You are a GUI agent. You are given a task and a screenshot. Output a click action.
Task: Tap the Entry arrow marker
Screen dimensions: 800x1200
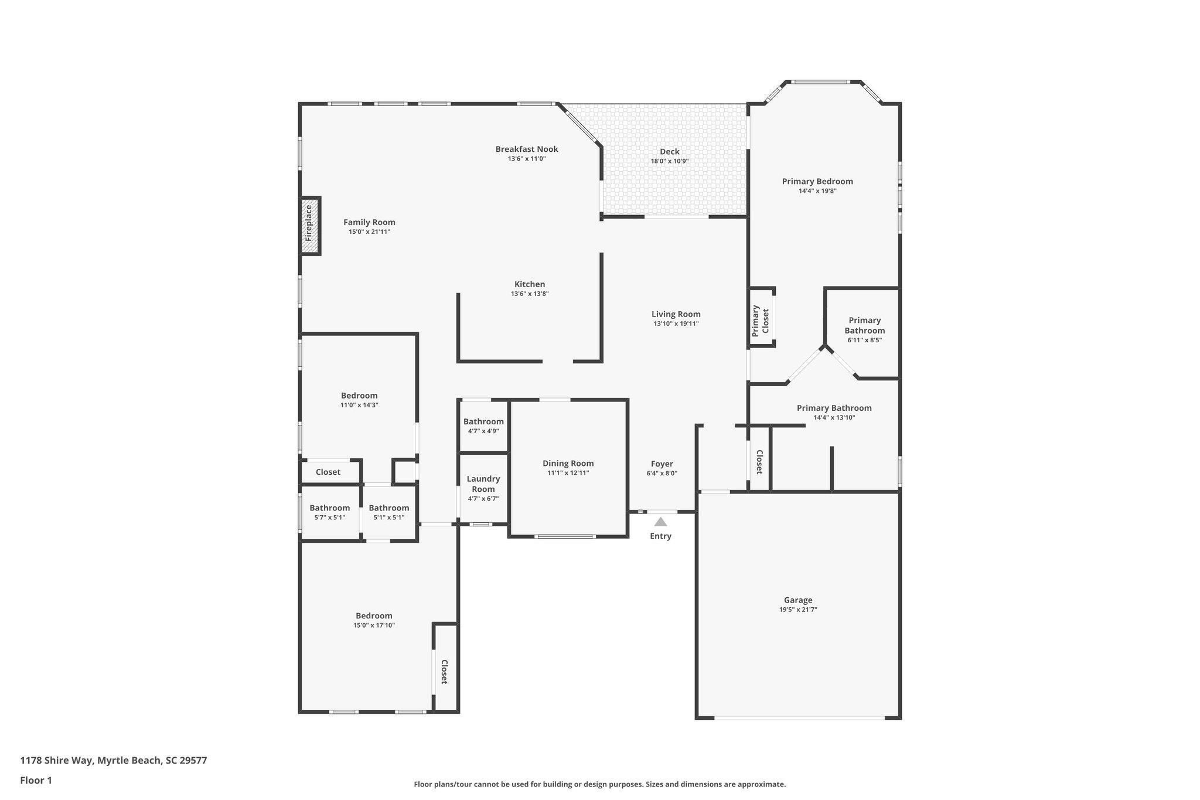(660, 522)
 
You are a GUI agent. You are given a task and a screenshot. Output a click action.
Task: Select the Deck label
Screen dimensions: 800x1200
(669, 151)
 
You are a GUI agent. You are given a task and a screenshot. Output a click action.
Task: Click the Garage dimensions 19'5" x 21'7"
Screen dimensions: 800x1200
(797, 610)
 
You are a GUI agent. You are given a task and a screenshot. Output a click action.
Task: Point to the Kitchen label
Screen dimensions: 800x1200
(530, 284)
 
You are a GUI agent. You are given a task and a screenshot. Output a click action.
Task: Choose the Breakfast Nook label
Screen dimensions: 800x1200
(526, 149)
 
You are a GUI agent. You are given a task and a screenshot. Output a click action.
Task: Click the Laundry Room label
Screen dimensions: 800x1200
(483, 484)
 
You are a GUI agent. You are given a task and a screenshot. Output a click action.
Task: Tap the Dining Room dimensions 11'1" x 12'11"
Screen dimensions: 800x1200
(568, 473)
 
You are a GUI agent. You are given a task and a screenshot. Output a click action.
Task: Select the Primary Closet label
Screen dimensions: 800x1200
(760, 320)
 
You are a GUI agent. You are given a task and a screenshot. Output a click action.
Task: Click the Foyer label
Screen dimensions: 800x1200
(662, 464)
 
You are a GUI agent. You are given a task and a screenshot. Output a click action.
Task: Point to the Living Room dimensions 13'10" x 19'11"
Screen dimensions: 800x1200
(676, 324)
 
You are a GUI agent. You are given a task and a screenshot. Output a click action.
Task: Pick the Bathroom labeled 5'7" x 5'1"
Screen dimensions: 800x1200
(329, 508)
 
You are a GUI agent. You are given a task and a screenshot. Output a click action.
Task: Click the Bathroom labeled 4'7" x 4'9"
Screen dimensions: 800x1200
(483, 421)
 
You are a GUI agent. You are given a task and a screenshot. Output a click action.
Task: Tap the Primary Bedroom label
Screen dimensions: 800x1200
(817, 181)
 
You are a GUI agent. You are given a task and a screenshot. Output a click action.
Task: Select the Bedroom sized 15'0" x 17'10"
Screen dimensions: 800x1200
(374, 615)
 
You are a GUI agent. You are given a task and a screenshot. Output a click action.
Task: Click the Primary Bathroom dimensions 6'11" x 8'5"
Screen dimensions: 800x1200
(864, 340)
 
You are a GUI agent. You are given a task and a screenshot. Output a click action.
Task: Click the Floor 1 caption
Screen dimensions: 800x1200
(36, 780)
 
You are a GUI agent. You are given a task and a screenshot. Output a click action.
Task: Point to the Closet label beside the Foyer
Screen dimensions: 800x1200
(759, 462)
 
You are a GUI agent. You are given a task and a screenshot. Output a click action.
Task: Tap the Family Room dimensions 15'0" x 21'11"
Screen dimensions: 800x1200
(369, 232)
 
